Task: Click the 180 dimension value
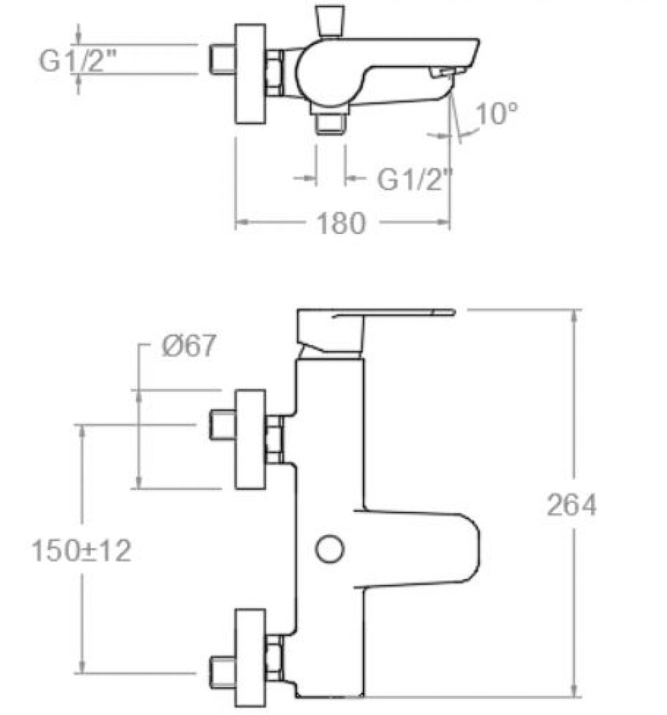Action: pyautogui.click(x=341, y=223)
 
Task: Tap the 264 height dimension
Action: pyautogui.click(x=572, y=505)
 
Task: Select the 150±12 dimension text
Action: pyautogui.click(x=81, y=550)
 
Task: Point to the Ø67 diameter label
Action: pyautogui.click(x=187, y=345)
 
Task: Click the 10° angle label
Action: pyautogui.click(x=497, y=113)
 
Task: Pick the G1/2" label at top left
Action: pyautogui.click(x=77, y=61)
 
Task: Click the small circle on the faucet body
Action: pyautogui.click(x=329, y=548)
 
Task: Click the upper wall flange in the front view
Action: pyautogui.click(x=250, y=440)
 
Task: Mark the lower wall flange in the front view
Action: pyautogui.click(x=250, y=658)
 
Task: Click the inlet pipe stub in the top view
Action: pyautogui.click(x=222, y=59)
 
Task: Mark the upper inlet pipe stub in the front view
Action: pyautogui.click(x=222, y=425)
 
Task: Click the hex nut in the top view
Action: pyautogui.click(x=274, y=73)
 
